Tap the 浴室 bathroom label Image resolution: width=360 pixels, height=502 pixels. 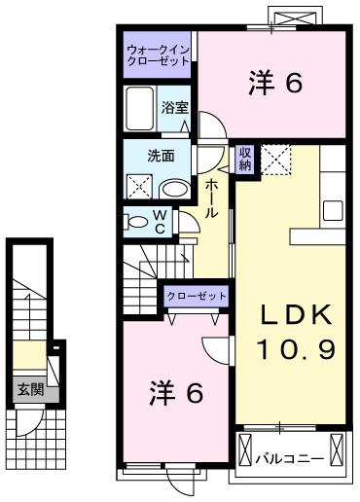tap(173, 109)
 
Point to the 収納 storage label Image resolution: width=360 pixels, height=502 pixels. tap(245, 159)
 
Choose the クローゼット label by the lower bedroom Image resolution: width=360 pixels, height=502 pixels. tap(197, 296)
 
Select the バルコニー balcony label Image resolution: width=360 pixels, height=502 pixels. tap(289, 454)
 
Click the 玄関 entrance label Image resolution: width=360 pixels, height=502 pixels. tap(29, 391)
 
